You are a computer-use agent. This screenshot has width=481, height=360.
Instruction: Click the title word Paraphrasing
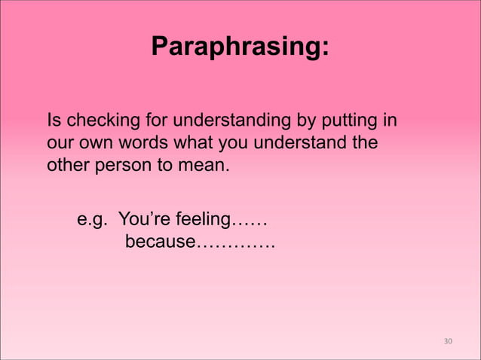click(x=240, y=47)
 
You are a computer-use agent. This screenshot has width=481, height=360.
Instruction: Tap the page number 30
click(x=448, y=341)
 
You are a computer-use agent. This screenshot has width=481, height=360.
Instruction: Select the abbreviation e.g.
click(x=93, y=221)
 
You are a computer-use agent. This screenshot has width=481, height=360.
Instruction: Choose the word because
click(x=160, y=243)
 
